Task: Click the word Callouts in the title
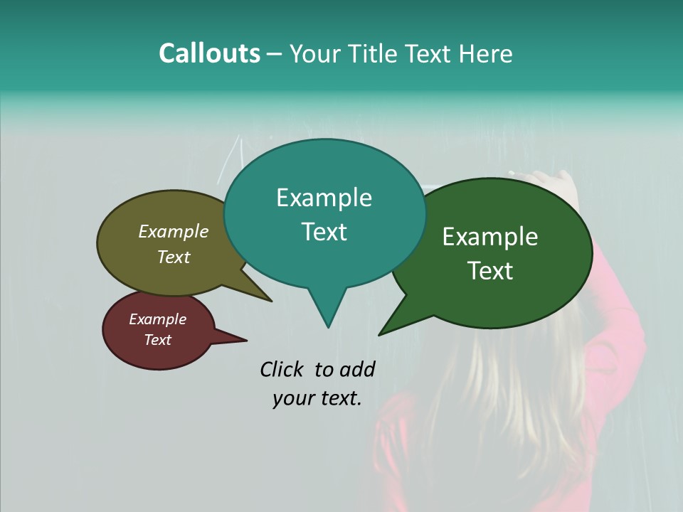[209, 53]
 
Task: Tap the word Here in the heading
[486, 54]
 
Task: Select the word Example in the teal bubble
[324, 198]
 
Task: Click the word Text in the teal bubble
[324, 232]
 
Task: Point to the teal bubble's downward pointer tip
[328, 326]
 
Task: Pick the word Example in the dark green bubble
[490, 237]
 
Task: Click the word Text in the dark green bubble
[490, 271]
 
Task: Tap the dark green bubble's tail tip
[380, 334]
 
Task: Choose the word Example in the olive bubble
[173, 232]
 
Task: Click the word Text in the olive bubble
[173, 257]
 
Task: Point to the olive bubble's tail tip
[270, 301]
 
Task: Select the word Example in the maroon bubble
[157, 319]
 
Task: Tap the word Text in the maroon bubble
[157, 340]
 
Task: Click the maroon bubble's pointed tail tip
[246, 340]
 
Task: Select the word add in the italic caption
[357, 369]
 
